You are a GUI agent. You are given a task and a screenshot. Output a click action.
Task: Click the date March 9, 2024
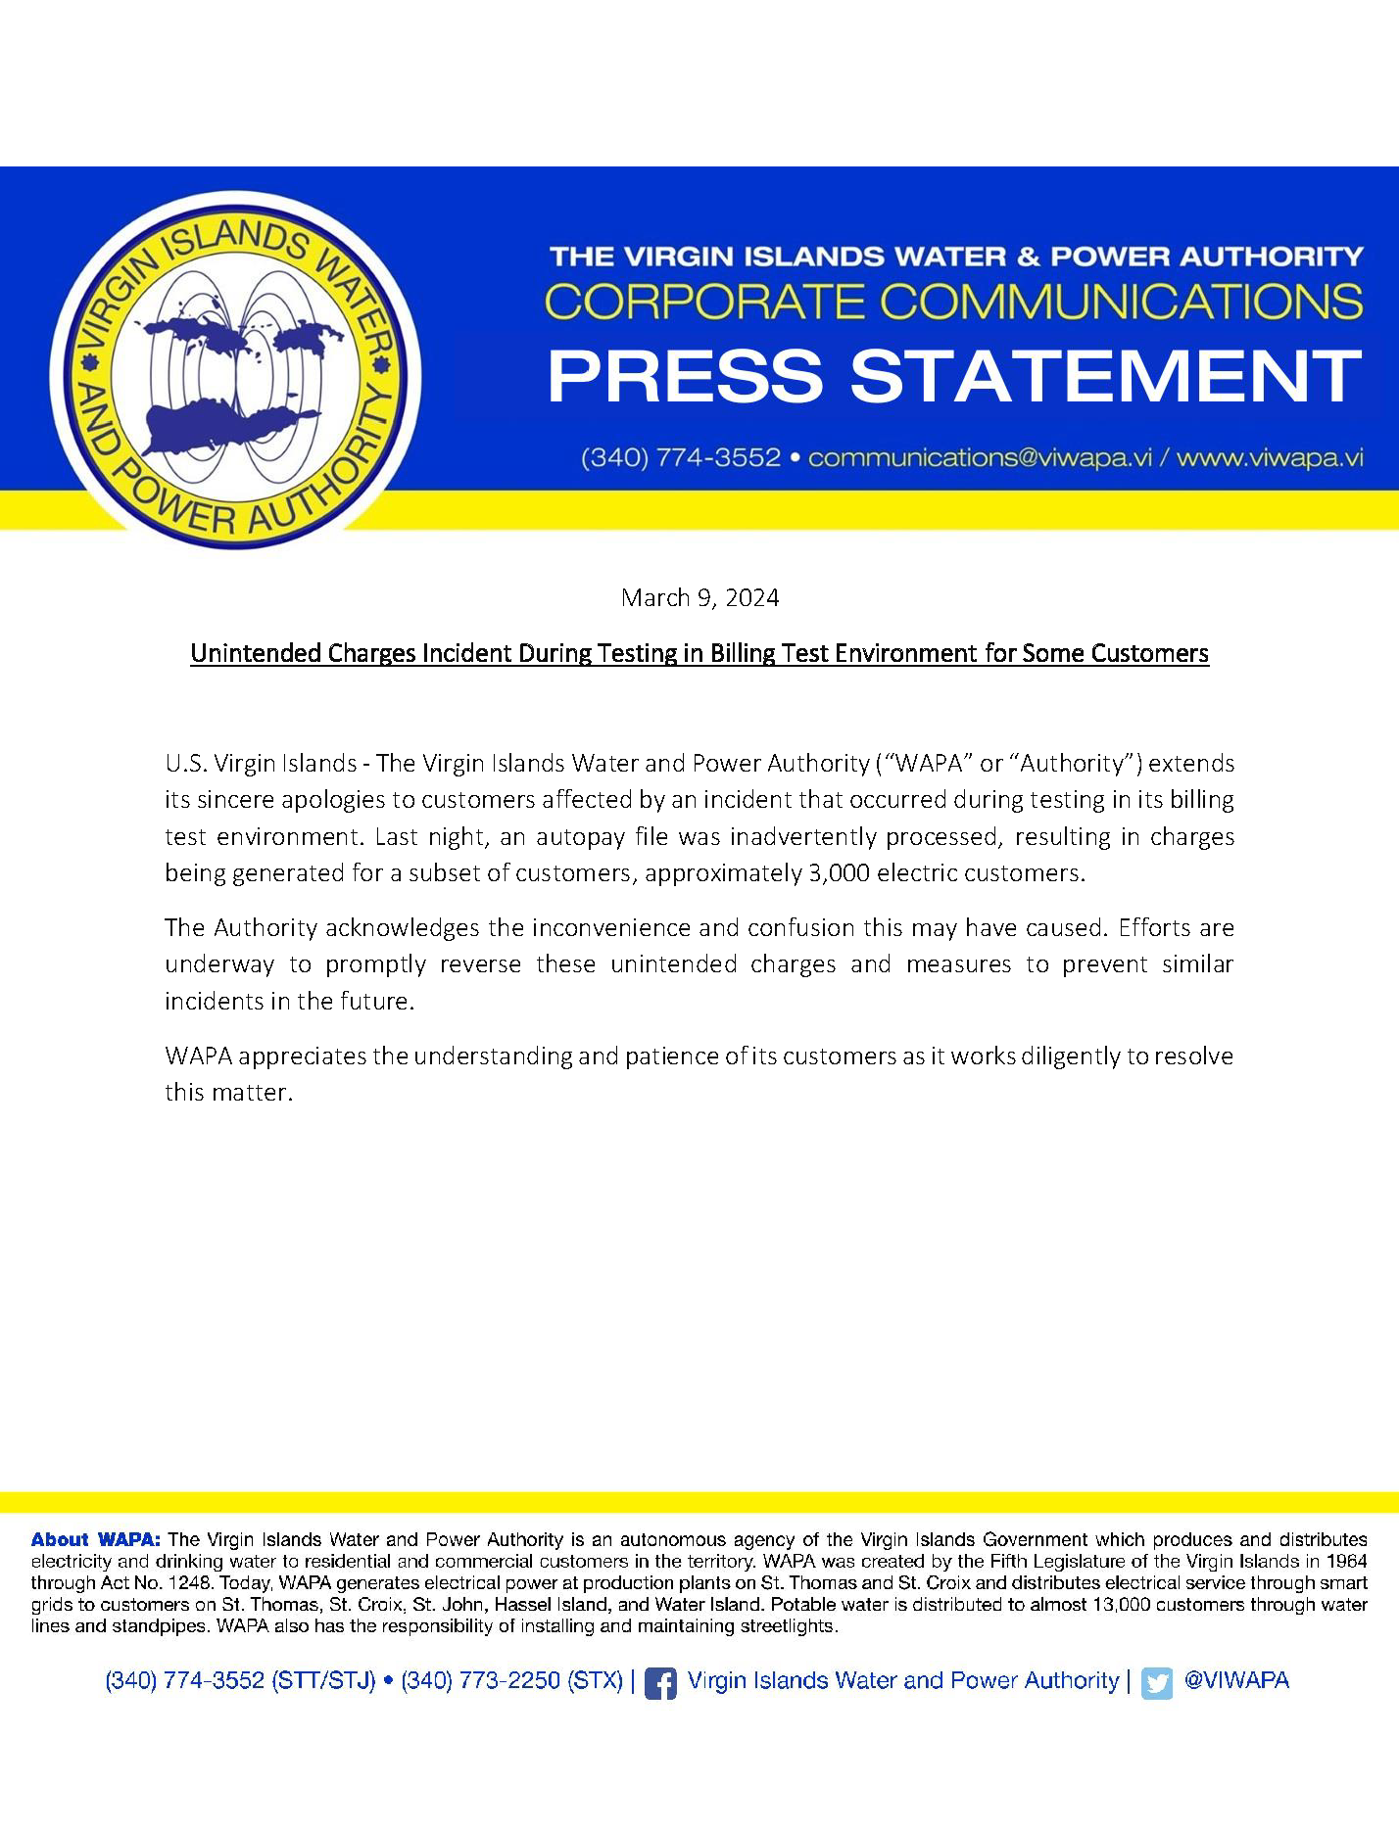(x=699, y=598)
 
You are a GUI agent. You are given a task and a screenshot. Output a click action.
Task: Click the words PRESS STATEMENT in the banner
(x=954, y=377)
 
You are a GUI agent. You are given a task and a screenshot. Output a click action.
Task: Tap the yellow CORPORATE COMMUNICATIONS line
(x=953, y=302)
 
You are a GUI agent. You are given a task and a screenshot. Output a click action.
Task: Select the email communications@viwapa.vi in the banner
(x=980, y=458)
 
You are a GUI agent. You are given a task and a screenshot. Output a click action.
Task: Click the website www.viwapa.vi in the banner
(x=1270, y=458)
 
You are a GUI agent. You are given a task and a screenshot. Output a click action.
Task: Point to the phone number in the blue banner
(x=681, y=458)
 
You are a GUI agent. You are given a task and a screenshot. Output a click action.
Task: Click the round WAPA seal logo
(x=235, y=370)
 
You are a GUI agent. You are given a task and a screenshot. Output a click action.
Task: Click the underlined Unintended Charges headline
(x=699, y=654)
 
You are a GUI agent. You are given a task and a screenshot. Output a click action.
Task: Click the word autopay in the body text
(x=572, y=837)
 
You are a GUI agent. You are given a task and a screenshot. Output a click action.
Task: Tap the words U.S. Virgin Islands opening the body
(x=261, y=764)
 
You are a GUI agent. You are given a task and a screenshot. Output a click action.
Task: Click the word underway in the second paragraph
(x=219, y=964)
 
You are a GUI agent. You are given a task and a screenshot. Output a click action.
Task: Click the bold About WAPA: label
(x=96, y=1540)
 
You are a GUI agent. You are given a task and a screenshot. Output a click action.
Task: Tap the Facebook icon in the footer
(x=660, y=1683)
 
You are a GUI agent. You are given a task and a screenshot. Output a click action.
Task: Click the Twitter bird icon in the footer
(x=1156, y=1683)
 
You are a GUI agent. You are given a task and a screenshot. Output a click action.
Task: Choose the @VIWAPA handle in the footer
(x=1236, y=1681)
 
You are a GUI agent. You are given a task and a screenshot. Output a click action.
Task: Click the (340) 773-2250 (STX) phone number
(x=511, y=1681)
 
